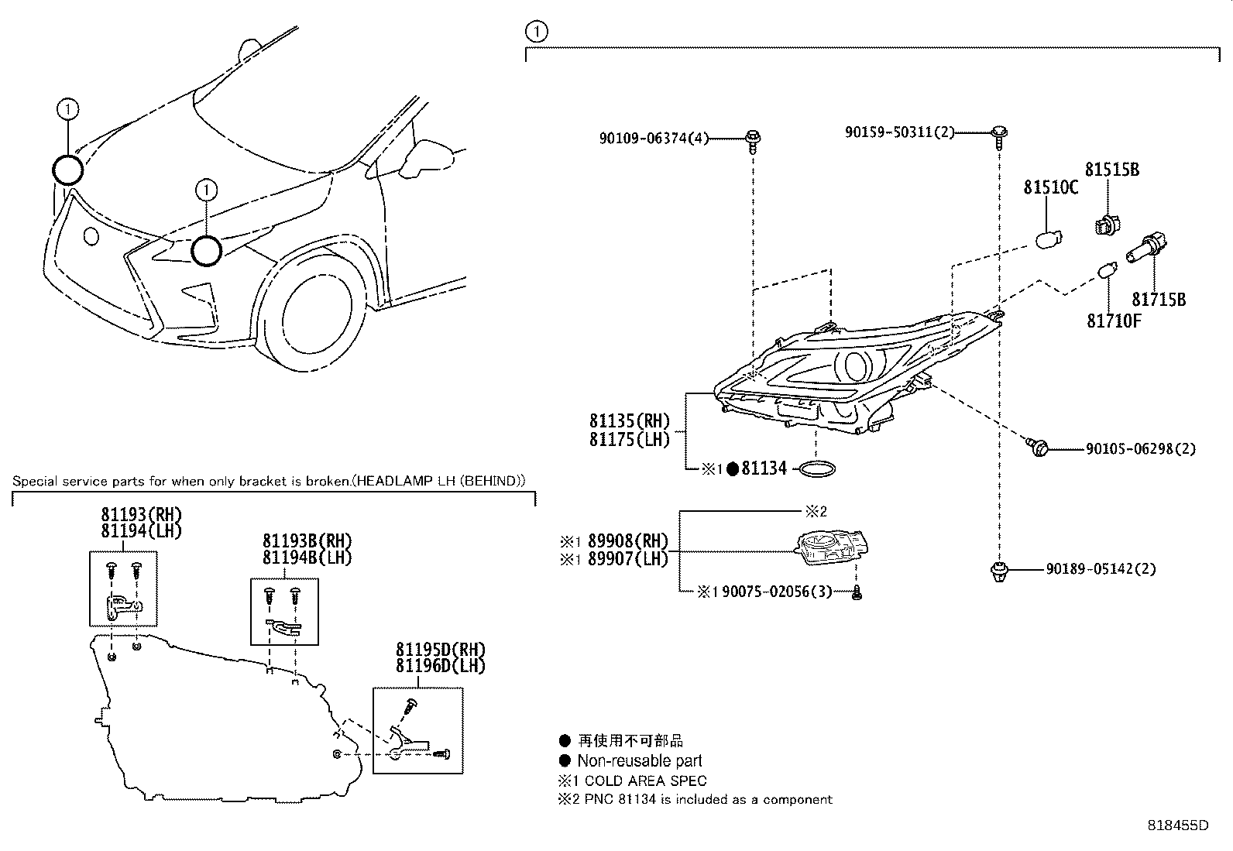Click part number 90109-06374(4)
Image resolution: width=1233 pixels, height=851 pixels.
click(x=654, y=139)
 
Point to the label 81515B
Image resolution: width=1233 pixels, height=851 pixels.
click(x=1111, y=170)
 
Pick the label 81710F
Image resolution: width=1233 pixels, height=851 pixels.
click(x=1114, y=321)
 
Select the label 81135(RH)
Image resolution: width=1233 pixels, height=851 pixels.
click(x=629, y=422)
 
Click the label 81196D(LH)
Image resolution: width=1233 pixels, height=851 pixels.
click(x=440, y=665)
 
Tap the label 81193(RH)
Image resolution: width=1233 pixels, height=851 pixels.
click(x=141, y=514)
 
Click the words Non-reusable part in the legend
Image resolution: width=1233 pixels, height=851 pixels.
click(x=640, y=761)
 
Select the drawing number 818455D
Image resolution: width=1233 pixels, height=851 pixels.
click(x=1177, y=825)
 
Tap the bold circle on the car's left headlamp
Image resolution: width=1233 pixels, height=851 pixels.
click(x=207, y=251)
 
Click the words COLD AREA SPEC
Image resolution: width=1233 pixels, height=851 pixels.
click(x=645, y=781)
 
